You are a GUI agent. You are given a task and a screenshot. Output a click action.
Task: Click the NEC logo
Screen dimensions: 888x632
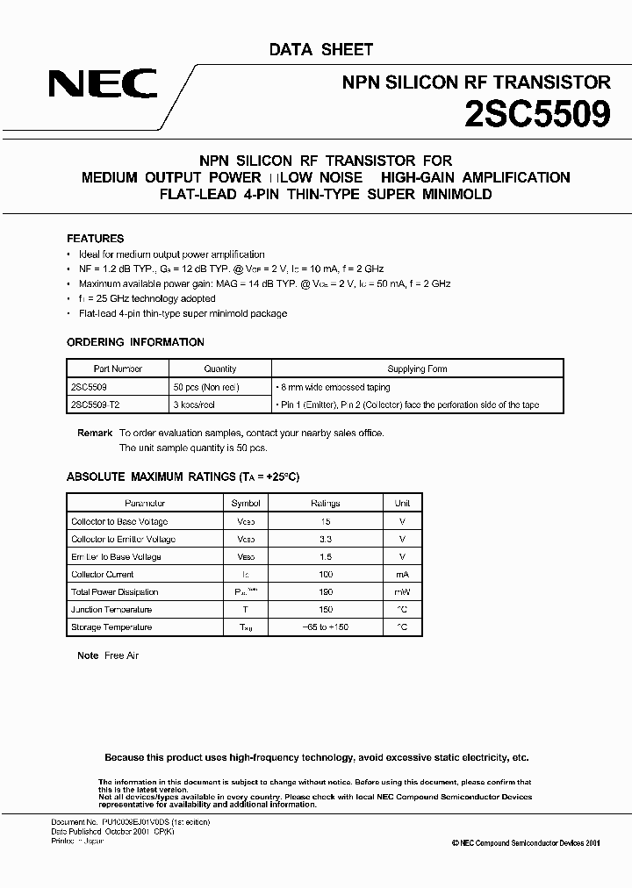[x=103, y=84]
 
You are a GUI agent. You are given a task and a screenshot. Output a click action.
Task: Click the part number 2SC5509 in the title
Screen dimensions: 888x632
[x=537, y=115]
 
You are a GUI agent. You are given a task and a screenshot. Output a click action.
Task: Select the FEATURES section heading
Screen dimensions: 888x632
[x=95, y=239]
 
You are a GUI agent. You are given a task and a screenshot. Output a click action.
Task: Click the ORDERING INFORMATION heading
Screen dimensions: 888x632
[x=135, y=342]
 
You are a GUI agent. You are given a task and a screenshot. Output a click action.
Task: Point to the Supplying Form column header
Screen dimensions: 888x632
[x=417, y=369]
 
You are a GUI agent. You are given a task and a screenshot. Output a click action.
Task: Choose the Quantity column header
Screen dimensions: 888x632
[x=220, y=369]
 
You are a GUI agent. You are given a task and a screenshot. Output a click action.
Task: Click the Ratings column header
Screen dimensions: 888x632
[x=326, y=504]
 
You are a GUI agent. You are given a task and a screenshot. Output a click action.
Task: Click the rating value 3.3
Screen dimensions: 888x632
[x=326, y=539]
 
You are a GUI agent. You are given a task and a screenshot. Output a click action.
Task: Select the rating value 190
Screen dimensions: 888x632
[x=326, y=591]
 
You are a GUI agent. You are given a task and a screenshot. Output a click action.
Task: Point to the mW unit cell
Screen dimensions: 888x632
[x=402, y=591]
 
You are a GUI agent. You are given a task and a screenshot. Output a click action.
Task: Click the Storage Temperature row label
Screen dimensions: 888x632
[x=111, y=627]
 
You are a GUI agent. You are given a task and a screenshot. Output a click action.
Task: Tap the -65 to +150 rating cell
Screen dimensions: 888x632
[x=326, y=627]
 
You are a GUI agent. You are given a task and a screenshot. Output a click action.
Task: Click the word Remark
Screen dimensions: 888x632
[x=95, y=433]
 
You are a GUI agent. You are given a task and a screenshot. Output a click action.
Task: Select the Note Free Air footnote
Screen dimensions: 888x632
[x=108, y=655]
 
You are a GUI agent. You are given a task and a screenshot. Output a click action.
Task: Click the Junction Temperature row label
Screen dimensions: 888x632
[x=111, y=609]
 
